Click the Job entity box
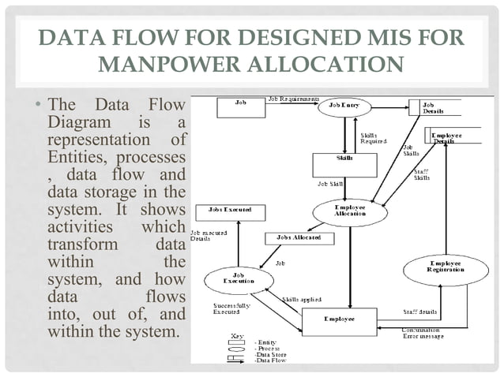239,109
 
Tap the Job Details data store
434,108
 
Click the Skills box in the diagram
344,163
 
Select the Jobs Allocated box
299,237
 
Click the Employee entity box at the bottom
340,319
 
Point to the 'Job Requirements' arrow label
293,100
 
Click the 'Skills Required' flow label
373,138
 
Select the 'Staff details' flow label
419,313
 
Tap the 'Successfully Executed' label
231,309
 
